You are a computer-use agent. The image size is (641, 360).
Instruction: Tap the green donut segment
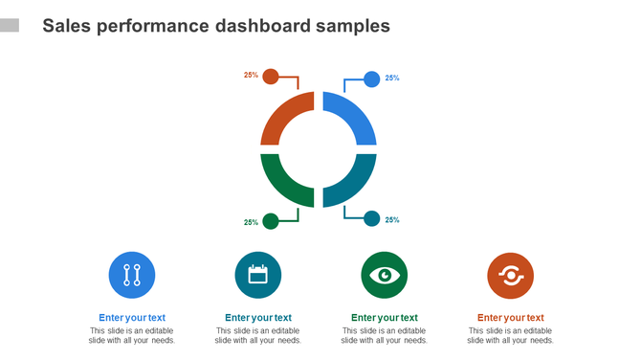(x=279, y=184)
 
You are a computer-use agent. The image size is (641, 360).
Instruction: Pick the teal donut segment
(x=357, y=184)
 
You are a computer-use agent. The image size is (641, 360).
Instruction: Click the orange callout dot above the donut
(x=271, y=77)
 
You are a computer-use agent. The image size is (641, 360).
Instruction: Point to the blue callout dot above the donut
(x=371, y=79)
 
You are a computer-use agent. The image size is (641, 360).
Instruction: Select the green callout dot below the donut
(x=271, y=221)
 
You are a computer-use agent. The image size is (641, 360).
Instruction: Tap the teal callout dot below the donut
(x=371, y=219)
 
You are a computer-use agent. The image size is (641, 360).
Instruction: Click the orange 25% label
(x=251, y=75)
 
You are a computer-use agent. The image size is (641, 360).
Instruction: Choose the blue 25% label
(x=392, y=79)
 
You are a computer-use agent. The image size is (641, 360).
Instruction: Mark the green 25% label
(x=251, y=222)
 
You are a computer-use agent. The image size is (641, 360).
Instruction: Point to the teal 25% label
(x=392, y=220)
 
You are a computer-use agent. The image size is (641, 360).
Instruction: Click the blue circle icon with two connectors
(x=132, y=276)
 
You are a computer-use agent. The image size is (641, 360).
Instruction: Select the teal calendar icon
(x=258, y=276)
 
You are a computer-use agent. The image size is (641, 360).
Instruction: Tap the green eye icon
(x=385, y=276)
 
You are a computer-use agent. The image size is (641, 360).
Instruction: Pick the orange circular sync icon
(x=511, y=276)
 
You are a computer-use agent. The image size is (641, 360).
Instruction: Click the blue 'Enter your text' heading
(x=132, y=318)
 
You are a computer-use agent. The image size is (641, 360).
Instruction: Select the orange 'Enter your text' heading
(x=511, y=318)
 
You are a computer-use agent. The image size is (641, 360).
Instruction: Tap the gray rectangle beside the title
(x=10, y=25)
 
